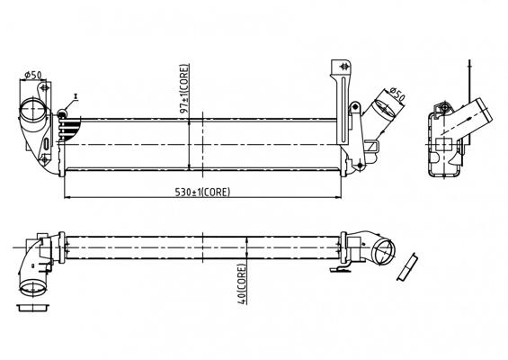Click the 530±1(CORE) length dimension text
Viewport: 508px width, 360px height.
click(x=202, y=192)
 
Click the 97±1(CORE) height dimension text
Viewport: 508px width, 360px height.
click(x=184, y=89)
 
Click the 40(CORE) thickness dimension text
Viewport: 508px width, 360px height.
click(x=242, y=284)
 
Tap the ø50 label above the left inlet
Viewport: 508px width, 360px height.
click(x=33, y=75)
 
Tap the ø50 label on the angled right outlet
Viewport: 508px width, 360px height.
click(x=397, y=94)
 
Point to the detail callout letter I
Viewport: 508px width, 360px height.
click(x=76, y=96)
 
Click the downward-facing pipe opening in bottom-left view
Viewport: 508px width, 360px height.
click(x=33, y=288)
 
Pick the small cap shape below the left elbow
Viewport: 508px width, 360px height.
click(x=32, y=308)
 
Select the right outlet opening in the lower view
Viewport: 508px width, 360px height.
click(x=384, y=252)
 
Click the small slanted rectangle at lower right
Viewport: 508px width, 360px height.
click(x=407, y=266)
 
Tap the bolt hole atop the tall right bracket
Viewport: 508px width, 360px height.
click(x=344, y=67)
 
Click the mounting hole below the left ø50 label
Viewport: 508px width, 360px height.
click(x=44, y=87)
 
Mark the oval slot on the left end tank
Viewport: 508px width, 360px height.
click(x=47, y=143)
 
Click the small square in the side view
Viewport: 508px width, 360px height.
click(x=443, y=144)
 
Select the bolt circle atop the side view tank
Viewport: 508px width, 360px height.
click(x=445, y=107)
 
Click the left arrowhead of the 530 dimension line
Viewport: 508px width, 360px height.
click(x=67, y=197)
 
